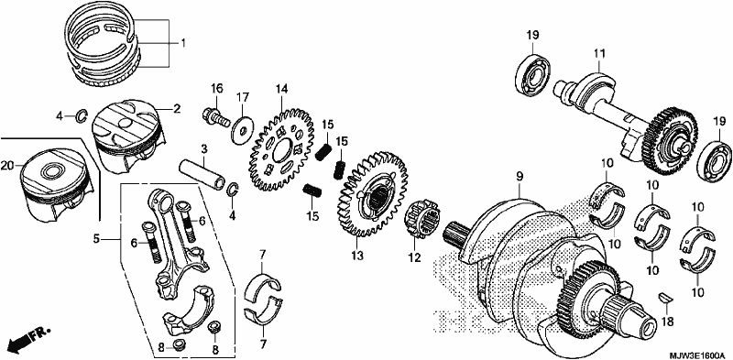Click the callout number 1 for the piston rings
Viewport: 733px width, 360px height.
[183, 43]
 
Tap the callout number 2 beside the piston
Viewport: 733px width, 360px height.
[176, 109]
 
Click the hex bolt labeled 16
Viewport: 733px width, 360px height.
[216, 116]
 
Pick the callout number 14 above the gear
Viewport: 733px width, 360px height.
[281, 89]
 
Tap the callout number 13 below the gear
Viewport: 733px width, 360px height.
[356, 256]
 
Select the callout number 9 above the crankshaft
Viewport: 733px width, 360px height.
[520, 177]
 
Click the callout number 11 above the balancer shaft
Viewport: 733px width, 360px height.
[599, 54]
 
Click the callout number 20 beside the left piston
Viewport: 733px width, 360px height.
[7, 165]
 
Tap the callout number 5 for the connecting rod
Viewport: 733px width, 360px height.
[97, 239]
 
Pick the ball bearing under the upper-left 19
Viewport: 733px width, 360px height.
[535, 73]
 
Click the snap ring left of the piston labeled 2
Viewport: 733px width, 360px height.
[82, 115]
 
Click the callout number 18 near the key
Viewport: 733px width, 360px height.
[667, 322]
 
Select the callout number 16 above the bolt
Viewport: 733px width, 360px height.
[216, 89]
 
